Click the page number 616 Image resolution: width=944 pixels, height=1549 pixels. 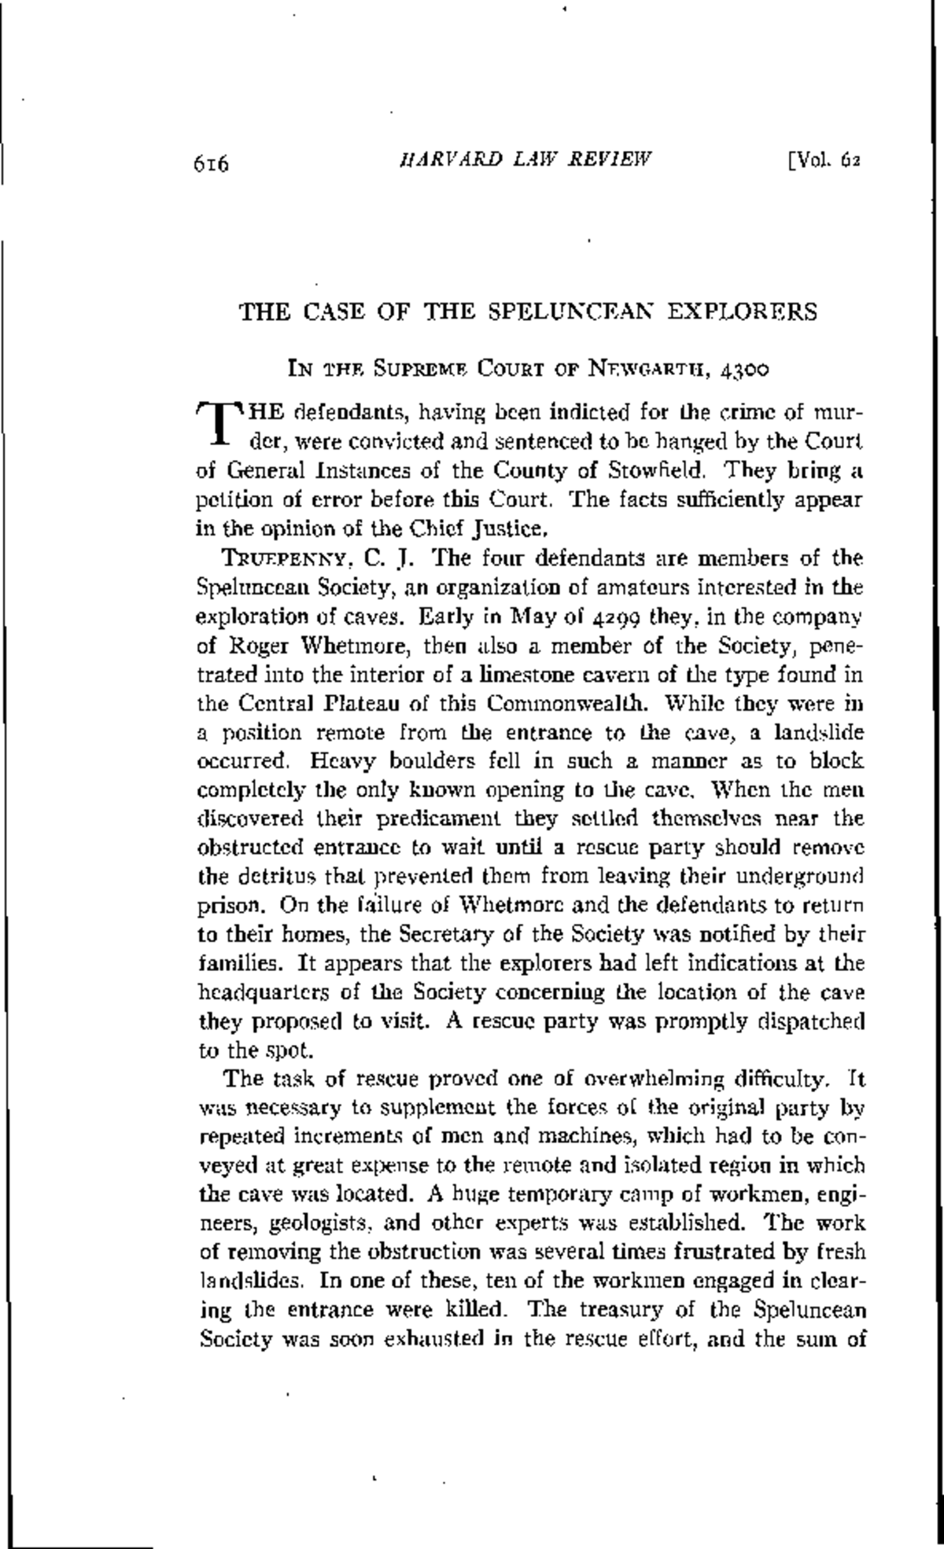(210, 165)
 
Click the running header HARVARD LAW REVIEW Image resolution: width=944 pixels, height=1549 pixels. (526, 160)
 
